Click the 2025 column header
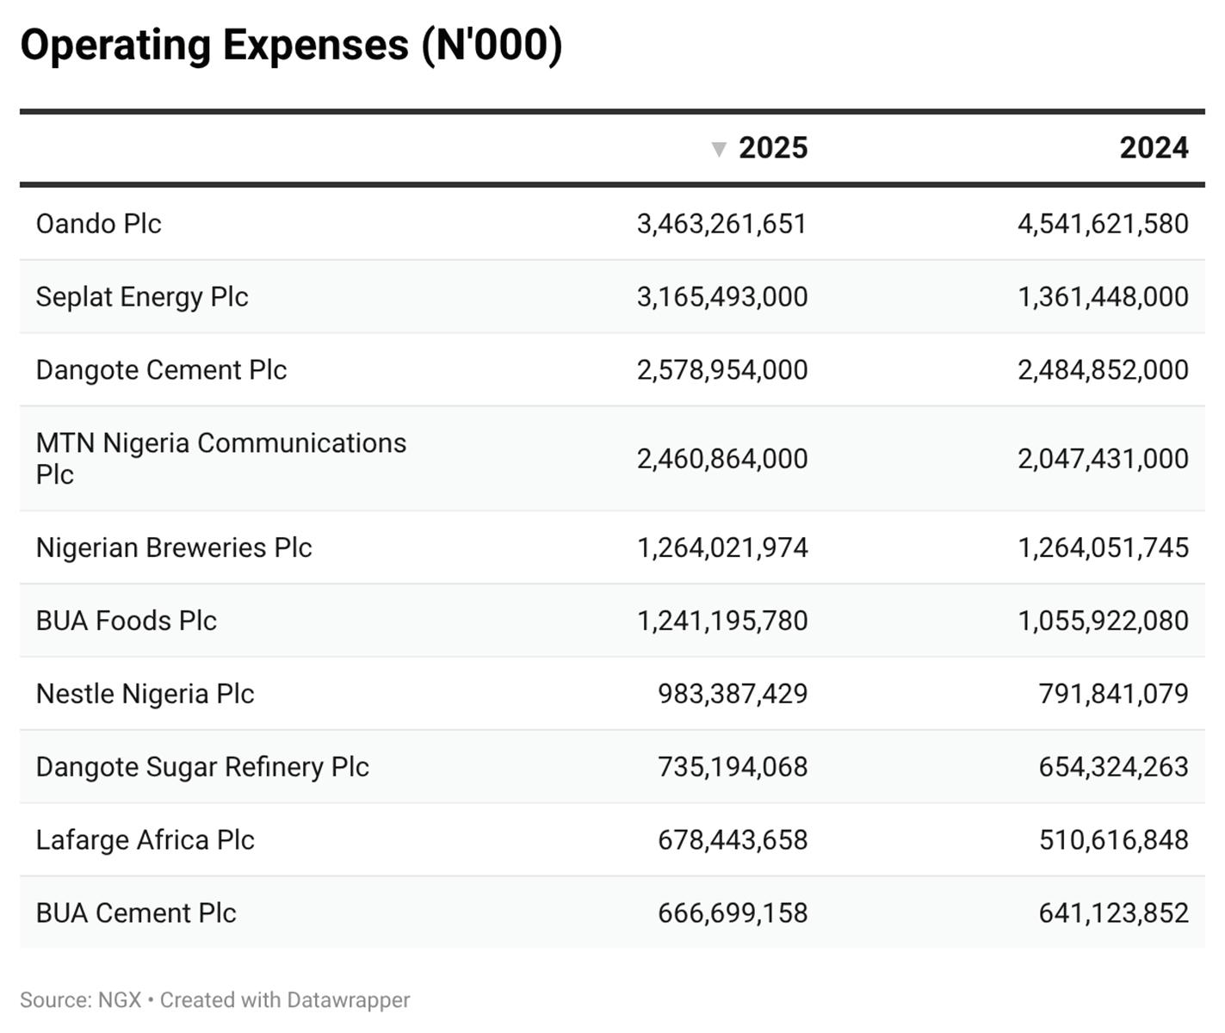pyautogui.click(x=772, y=148)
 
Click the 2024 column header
pyautogui.click(x=1154, y=148)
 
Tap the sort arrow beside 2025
pyautogui.click(x=719, y=150)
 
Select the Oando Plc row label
pyautogui.click(x=99, y=224)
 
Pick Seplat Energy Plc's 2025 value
pyautogui.click(x=722, y=297)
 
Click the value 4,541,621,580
pyautogui.click(x=1103, y=224)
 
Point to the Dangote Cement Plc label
pyautogui.click(x=161, y=370)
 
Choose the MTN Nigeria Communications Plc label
pyautogui.click(x=220, y=458)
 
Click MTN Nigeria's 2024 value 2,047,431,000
pyautogui.click(x=1103, y=459)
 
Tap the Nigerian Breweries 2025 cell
pyautogui.click(x=722, y=547)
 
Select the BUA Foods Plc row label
pyautogui.click(x=127, y=621)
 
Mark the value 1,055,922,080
pyautogui.click(x=1103, y=621)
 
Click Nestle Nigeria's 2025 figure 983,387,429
pyautogui.click(x=733, y=694)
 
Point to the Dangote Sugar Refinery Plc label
pyautogui.click(x=202, y=767)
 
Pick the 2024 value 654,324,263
pyautogui.click(x=1113, y=767)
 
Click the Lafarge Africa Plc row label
pyautogui.click(x=145, y=840)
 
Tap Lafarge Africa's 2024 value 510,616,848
pyautogui.click(x=1113, y=840)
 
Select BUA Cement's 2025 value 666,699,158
pyautogui.click(x=733, y=913)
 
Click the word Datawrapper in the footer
pyautogui.click(x=348, y=1000)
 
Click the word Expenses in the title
pyautogui.click(x=315, y=45)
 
